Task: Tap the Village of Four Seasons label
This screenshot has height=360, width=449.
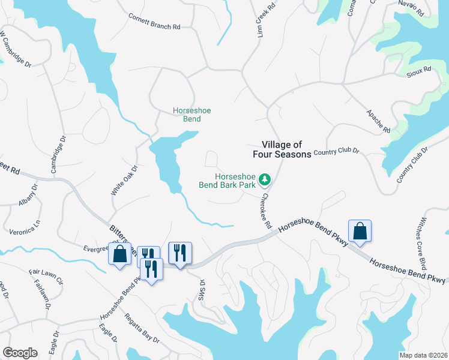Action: [x=286, y=149]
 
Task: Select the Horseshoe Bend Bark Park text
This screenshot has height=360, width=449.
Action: [x=227, y=181]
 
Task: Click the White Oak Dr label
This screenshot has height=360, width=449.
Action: [x=124, y=180]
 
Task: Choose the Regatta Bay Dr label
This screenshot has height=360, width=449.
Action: [x=142, y=328]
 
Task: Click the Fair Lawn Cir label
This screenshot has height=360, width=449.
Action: [x=45, y=280]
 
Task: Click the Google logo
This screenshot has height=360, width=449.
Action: [x=20, y=353]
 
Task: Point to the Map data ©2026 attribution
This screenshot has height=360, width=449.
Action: [x=423, y=355]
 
